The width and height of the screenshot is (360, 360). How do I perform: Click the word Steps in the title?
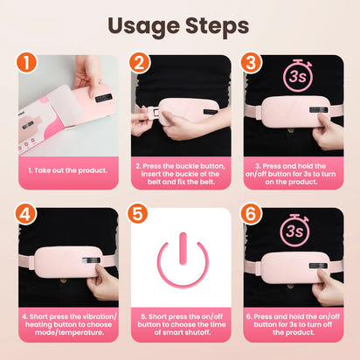click(x=218, y=25)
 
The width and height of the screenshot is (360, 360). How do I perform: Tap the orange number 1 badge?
click(x=31, y=63)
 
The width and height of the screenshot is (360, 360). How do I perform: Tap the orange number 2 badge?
click(x=139, y=63)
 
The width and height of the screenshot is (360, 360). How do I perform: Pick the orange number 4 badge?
click(x=31, y=214)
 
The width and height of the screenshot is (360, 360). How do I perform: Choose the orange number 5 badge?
click(x=139, y=214)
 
